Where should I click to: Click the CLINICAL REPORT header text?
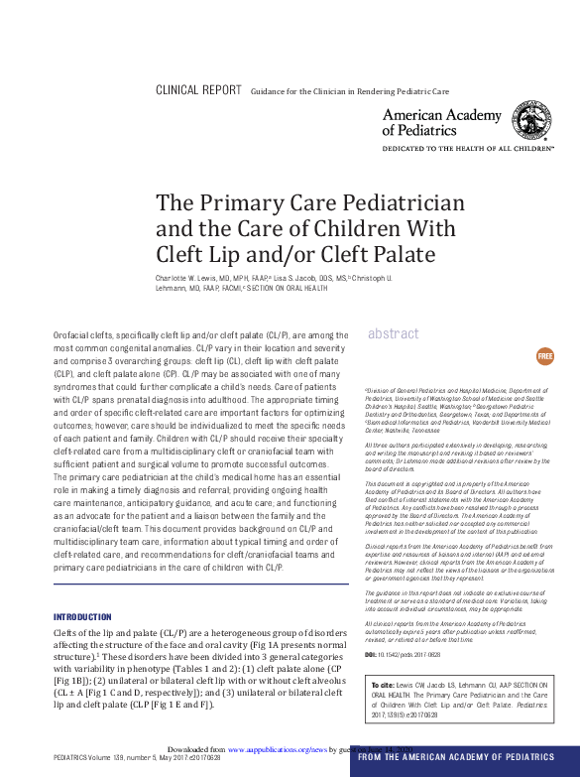[198, 90]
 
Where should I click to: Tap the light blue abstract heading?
[393, 334]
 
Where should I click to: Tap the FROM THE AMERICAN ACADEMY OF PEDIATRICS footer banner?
[460, 758]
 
